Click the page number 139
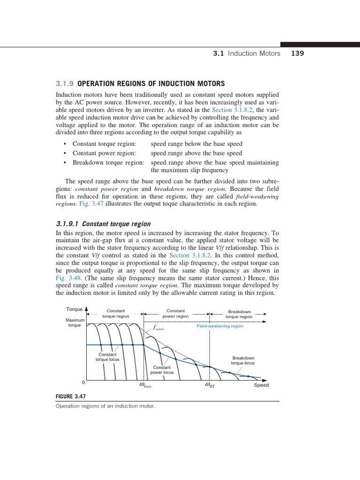click(x=297, y=53)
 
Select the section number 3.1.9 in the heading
click(x=65, y=84)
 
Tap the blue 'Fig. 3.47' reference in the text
click(x=91, y=204)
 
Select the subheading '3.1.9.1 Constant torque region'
click(x=103, y=224)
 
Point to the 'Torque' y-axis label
click(x=74, y=309)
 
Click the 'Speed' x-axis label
click(x=261, y=385)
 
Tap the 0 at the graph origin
click(x=83, y=382)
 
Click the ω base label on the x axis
click(x=145, y=385)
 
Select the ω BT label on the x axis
click(x=209, y=385)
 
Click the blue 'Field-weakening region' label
click(x=220, y=326)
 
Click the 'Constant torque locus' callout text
click(x=107, y=357)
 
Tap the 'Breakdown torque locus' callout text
click(x=243, y=360)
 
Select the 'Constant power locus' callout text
click(x=162, y=370)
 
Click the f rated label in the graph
click(x=158, y=329)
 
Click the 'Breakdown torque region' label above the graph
click(x=239, y=314)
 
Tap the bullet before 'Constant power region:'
click(x=64, y=153)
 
